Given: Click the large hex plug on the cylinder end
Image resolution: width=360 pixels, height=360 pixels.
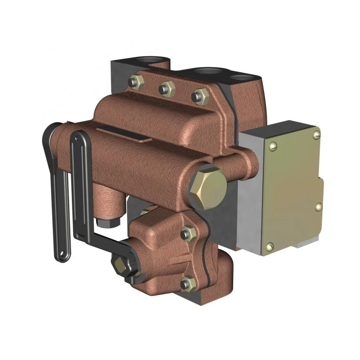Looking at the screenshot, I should [x=207, y=187].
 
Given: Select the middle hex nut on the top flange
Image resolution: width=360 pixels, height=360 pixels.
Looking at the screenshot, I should [x=166, y=88].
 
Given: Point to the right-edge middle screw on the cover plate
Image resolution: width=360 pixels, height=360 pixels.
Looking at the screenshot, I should [x=319, y=206].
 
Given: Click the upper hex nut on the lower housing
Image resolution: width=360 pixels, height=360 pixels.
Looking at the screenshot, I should [x=186, y=233].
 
